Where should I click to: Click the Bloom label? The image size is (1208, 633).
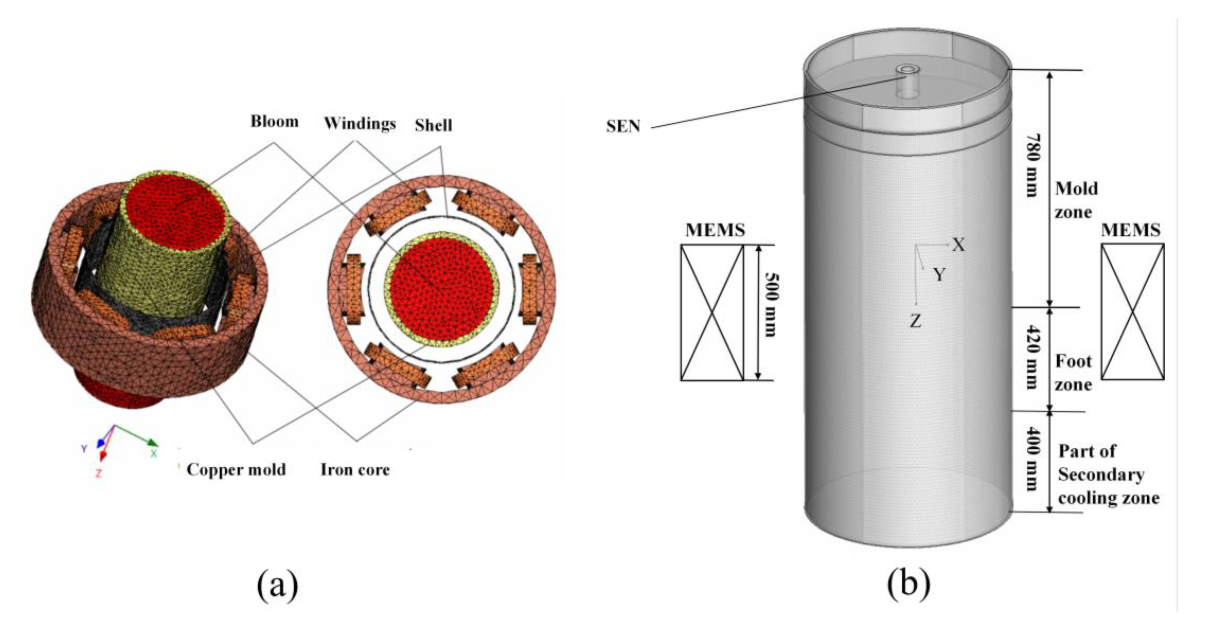[274, 121]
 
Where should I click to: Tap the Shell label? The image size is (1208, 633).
[433, 125]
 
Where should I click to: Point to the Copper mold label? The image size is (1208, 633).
[236, 469]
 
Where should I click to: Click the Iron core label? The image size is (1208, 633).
[355, 469]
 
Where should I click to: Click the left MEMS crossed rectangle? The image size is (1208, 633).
[712, 312]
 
